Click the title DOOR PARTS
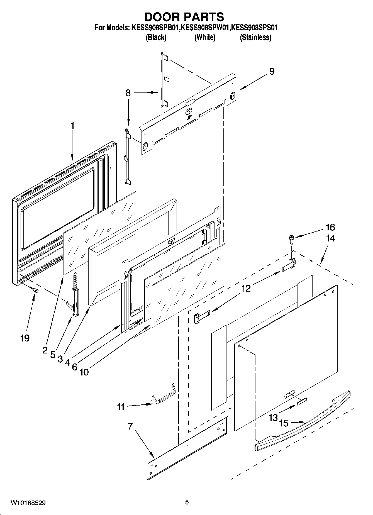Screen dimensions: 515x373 (184, 17)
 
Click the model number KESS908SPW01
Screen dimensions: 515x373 (205, 28)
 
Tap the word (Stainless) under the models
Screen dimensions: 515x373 (255, 37)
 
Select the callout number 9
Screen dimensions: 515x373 (272, 71)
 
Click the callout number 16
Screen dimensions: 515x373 (330, 227)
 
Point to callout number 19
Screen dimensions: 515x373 (25, 338)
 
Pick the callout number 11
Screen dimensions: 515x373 (121, 407)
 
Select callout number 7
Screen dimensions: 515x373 (130, 426)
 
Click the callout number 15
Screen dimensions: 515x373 (284, 423)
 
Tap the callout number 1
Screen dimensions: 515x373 (72, 126)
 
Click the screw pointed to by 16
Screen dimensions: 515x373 (292, 238)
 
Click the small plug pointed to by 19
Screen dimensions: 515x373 (36, 290)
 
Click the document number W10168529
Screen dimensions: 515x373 (28, 503)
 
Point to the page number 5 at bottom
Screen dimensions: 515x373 (187, 502)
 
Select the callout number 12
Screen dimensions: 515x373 (246, 288)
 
